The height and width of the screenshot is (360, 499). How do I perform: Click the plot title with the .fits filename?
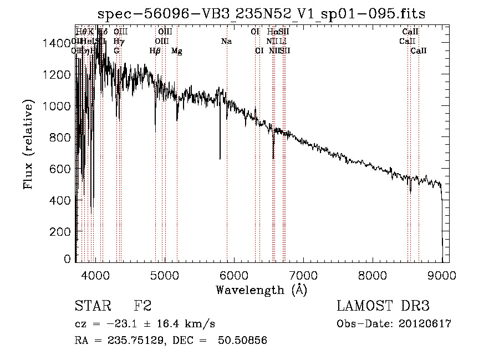click(x=262, y=14)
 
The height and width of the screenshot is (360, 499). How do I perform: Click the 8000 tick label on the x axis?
click(x=373, y=275)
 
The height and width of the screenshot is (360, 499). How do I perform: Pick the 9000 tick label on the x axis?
click(x=442, y=275)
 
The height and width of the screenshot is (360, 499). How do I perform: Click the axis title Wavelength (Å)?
click(x=261, y=290)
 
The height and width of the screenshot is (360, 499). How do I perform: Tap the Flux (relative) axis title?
click(x=29, y=144)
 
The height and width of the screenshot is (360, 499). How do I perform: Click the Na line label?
click(x=226, y=41)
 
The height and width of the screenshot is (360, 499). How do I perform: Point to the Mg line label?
click(x=177, y=51)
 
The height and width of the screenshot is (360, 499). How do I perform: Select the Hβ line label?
click(x=155, y=51)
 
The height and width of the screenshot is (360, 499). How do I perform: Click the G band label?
click(x=116, y=51)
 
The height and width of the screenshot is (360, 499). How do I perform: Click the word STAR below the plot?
click(x=91, y=306)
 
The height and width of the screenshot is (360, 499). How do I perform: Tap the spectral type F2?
click(x=142, y=306)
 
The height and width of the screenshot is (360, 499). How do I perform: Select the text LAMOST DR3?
click(x=383, y=306)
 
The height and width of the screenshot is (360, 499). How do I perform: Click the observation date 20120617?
click(x=426, y=324)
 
